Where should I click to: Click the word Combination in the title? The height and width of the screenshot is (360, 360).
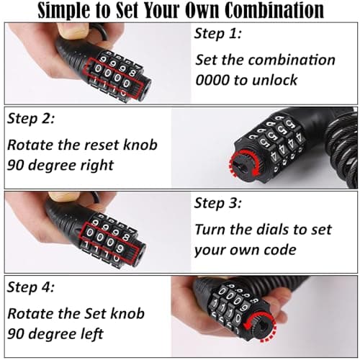274,11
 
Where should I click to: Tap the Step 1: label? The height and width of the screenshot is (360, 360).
217,33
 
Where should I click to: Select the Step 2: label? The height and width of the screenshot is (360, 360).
31,118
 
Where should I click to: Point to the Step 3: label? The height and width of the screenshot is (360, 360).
217,203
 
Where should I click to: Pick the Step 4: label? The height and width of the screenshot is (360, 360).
31,287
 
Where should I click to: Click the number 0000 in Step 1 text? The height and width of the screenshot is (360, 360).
212,80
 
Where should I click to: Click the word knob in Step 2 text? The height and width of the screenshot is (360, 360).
140,145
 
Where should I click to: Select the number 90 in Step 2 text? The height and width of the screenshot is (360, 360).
16,166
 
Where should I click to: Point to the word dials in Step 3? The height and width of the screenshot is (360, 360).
260,230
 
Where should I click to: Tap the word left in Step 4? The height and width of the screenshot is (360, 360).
93,333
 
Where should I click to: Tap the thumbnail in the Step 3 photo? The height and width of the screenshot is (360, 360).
64,197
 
